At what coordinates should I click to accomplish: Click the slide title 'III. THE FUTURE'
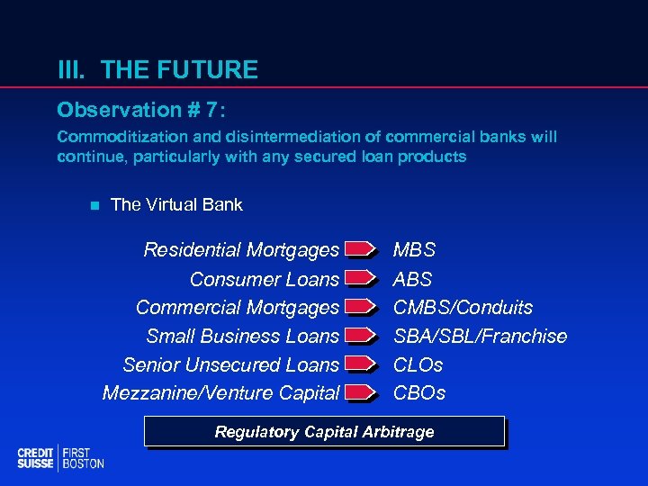pyautogui.click(x=157, y=69)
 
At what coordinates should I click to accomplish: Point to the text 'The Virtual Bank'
pyautogui.click(x=176, y=204)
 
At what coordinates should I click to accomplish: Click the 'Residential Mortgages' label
pyautogui.click(x=241, y=249)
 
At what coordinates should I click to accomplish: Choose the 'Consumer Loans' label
pyautogui.click(x=265, y=279)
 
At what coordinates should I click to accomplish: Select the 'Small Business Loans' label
pyautogui.click(x=243, y=336)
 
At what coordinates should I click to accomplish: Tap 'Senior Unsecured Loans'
pyautogui.click(x=231, y=364)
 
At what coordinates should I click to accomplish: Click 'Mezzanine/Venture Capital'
pyautogui.click(x=221, y=392)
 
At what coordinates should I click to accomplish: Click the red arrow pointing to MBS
pyautogui.click(x=360, y=249)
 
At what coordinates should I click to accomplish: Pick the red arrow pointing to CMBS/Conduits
pyautogui.click(x=360, y=308)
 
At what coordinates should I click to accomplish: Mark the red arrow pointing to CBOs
pyautogui.click(x=360, y=392)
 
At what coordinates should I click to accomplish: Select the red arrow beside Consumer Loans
pyautogui.click(x=360, y=279)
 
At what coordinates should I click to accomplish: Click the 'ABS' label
pyautogui.click(x=413, y=279)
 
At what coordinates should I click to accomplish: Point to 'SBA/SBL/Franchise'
pyautogui.click(x=481, y=336)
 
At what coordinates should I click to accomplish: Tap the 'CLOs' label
pyautogui.click(x=418, y=364)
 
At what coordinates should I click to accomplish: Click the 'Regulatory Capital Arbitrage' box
pyautogui.click(x=324, y=432)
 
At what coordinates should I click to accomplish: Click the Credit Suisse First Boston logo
pyautogui.click(x=60, y=458)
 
